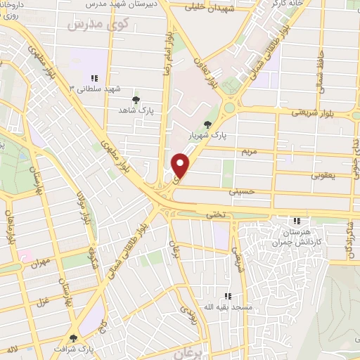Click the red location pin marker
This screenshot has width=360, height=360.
point(181,165)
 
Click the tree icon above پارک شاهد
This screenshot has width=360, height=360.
point(136,99)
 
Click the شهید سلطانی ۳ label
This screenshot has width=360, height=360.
point(95,89)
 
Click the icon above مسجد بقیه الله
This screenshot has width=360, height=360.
point(227,297)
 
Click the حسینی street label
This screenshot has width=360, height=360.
point(240,190)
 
